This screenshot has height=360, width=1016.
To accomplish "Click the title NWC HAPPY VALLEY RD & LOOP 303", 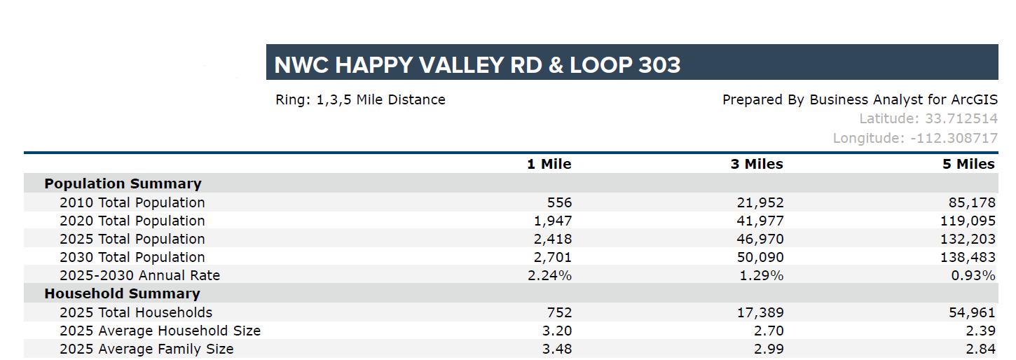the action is tap(477, 65).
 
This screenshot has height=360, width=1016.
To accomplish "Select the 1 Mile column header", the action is tap(549, 164).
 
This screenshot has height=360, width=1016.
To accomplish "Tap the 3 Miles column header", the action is tap(757, 164).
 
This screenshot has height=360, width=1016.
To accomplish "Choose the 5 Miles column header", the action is tap(968, 164).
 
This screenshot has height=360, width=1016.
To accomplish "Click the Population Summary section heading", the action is tap(123, 184).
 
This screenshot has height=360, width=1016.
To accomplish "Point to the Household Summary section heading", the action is tap(122, 293).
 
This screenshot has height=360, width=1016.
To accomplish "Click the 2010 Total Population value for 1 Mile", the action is tap(559, 202).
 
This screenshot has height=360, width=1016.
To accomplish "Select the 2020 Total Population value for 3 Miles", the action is tap(760, 221).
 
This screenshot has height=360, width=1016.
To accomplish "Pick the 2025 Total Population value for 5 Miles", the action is tap(968, 239).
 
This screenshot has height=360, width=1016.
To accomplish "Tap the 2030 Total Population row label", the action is tap(132, 257).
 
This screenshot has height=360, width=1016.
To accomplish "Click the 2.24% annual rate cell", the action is tap(550, 275).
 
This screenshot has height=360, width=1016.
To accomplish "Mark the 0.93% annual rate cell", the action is tap(973, 275).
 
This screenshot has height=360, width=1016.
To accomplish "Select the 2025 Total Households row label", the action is tap(136, 312).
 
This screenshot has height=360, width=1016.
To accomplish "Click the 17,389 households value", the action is tap(760, 312).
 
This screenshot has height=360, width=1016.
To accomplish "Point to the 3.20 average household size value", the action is tap(557, 331).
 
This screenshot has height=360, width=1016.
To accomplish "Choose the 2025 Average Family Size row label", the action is tap(146, 349).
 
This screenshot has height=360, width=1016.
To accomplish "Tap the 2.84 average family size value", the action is tap(981, 349).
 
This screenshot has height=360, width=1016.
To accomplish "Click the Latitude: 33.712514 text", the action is tap(928, 119).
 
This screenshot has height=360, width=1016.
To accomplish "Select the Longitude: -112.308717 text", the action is tap(915, 138).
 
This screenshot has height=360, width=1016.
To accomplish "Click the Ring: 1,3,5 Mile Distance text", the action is tap(361, 99).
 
